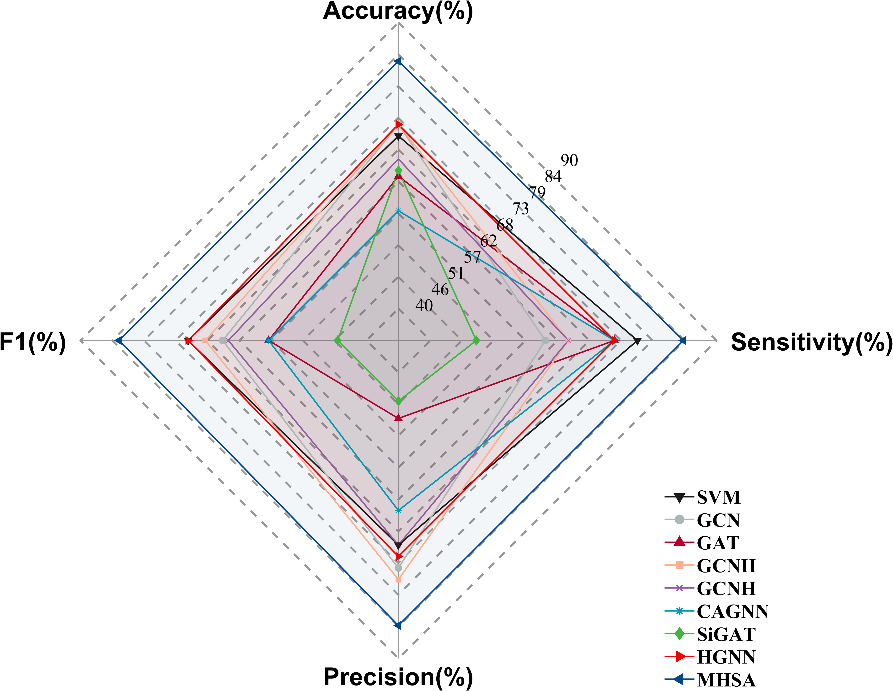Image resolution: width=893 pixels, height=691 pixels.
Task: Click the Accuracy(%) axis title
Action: [398, 11]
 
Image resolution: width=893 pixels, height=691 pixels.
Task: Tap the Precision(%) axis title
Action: [398, 677]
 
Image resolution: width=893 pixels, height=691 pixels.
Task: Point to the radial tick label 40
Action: [424, 305]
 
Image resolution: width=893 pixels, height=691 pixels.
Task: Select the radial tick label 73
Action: [520, 209]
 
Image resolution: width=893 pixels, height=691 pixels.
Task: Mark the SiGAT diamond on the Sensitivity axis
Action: [476, 340]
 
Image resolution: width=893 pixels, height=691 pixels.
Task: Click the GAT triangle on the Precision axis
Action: [398, 418]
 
